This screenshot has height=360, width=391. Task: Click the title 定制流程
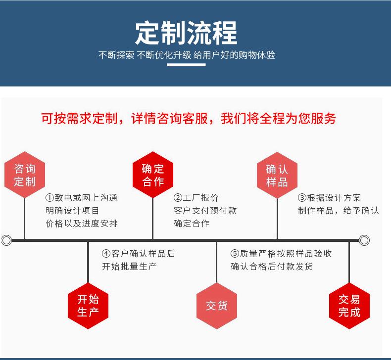pos(186,33)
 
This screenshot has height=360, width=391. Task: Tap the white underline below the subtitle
pos(186,65)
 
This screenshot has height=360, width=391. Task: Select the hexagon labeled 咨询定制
pos(25,175)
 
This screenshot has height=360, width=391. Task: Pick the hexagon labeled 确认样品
pos(277,175)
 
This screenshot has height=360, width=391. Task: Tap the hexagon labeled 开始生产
pos(88,306)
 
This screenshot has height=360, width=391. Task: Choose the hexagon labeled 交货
pos(217,306)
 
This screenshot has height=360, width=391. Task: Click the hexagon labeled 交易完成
pos(349,306)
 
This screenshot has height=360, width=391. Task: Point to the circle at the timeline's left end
pos(6,240)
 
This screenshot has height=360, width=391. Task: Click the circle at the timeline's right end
pos(364,240)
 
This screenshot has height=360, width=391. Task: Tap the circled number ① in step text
pos(49,198)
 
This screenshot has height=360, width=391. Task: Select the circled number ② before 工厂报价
pos(178,198)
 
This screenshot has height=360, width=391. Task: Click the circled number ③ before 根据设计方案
pos(302,198)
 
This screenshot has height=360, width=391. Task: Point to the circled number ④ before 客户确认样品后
pos(106,254)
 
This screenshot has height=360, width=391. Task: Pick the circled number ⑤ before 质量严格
pos(235,254)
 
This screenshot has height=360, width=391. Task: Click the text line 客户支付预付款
pos(205,211)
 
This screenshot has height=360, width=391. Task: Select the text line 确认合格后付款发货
pos(272,267)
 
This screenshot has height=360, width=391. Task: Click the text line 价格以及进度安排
pos(82,224)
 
